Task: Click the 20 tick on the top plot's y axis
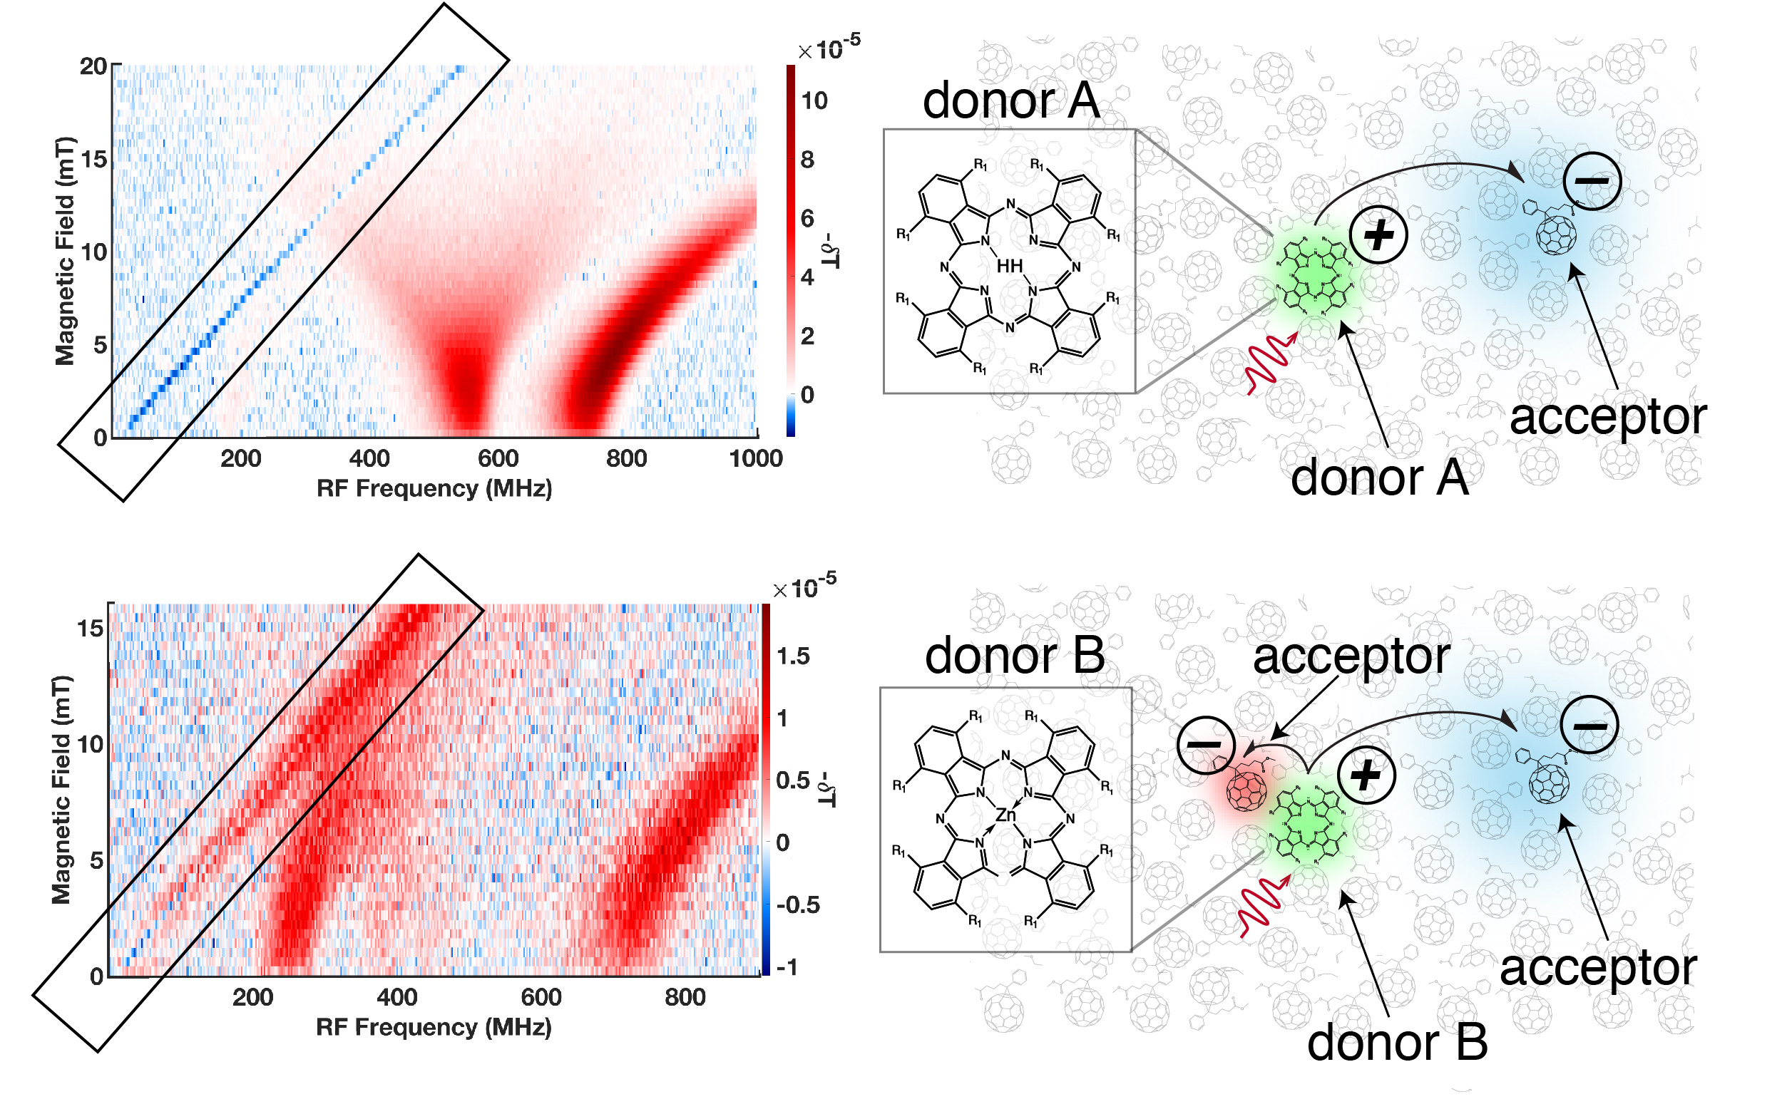tap(93, 66)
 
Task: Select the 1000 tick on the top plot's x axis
tap(756, 458)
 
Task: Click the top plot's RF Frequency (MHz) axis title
tap(434, 488)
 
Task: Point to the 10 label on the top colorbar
tap(814, 100)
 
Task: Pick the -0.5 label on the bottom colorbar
tap(797, 904)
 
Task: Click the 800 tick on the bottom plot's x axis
tap(685, 997)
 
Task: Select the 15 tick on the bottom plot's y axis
tap(90, 628)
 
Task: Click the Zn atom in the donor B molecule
tap(1005, 815)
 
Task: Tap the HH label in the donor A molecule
tap(1009, 266)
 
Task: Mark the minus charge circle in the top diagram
tap(1592, 180)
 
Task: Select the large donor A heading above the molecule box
tap(1010, 100)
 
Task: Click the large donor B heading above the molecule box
tap(1014, 655)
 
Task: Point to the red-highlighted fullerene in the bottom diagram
tap(1246, 790)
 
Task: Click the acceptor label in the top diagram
tap(1608, 417)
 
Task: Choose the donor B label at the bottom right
tap(1397, 1043)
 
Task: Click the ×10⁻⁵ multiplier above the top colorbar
tap(829, 48)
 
